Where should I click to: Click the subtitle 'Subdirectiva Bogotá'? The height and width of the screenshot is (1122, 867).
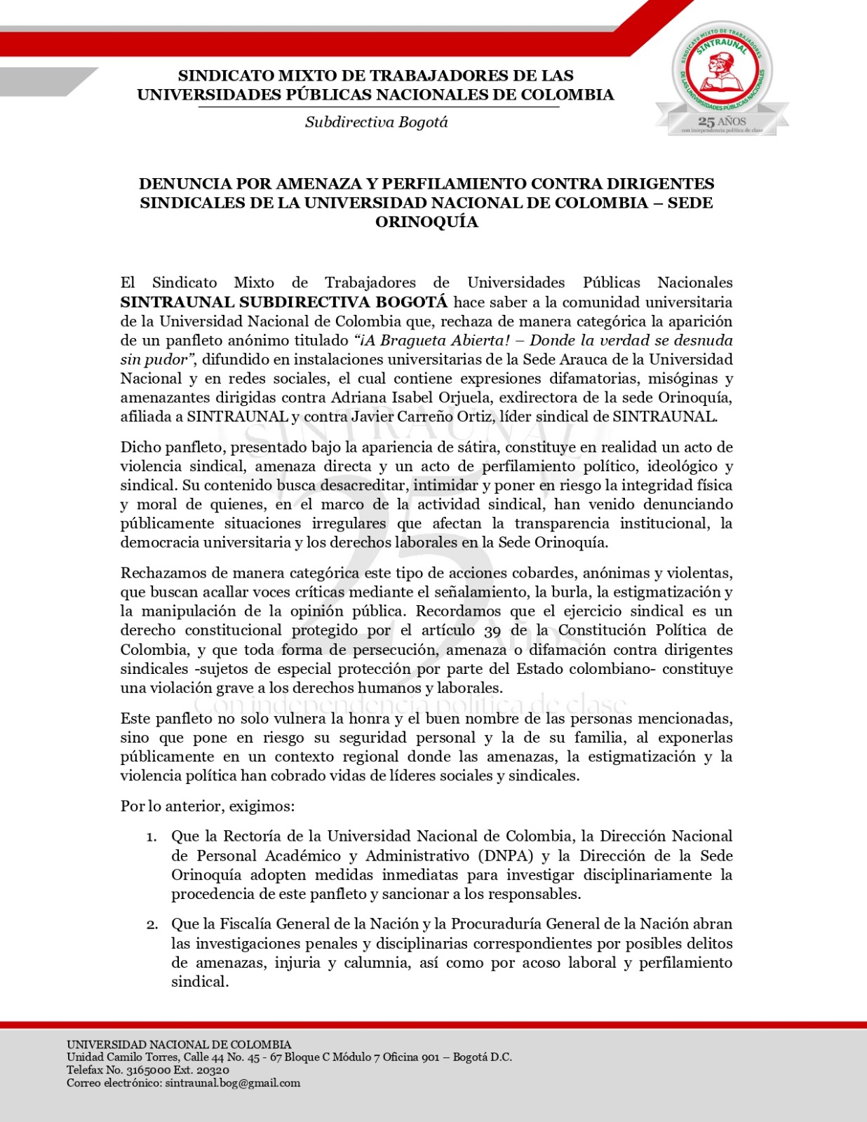coord(376,122)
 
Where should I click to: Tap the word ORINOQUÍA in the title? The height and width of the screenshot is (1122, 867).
coord(426,222)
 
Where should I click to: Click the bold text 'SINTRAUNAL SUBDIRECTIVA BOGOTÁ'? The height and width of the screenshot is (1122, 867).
coord(284,302)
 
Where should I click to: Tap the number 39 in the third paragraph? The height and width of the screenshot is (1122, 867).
coord(492,630)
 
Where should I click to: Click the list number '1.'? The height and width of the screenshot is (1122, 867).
coord(152,837)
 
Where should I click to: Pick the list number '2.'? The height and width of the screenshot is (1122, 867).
coord(152,924)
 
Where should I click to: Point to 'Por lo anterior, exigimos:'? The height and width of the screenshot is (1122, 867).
coord(208,806)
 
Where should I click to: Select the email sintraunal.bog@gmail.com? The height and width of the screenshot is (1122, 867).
coord(232,1083)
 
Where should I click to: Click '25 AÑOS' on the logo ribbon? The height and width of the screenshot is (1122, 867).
coord(722,122)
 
